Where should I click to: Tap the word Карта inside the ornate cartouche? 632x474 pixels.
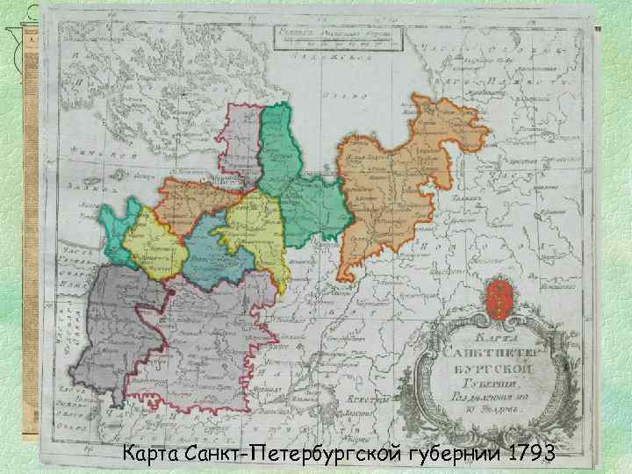coord(497,337)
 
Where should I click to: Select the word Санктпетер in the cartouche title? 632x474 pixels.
coord(497,354)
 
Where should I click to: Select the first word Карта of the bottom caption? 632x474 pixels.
coord(151,454)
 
